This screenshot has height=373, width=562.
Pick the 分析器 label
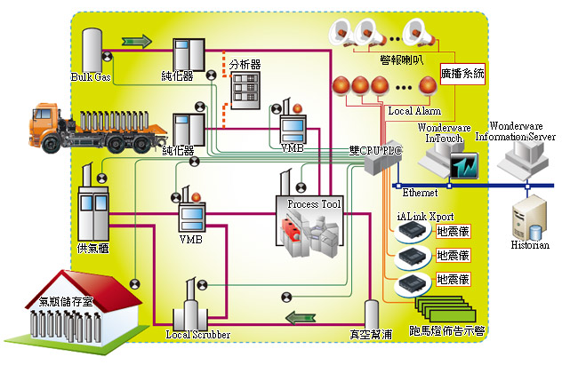coord(245,65)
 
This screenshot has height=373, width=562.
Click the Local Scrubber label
coord(198,335)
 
